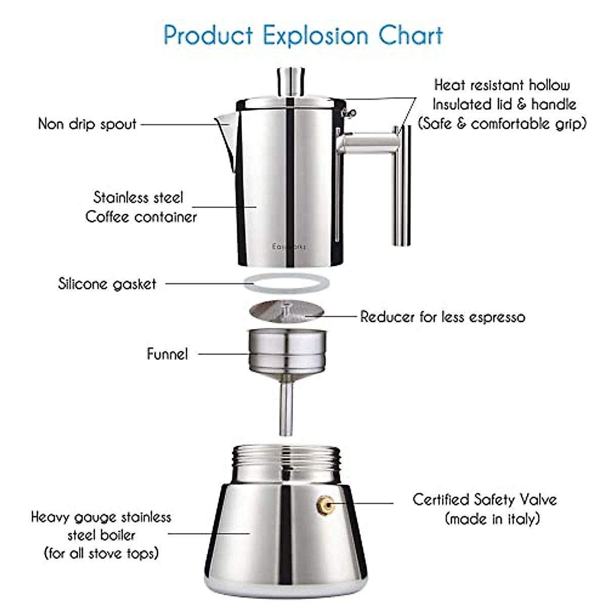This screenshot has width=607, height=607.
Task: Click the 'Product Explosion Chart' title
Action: (x=303, y=35)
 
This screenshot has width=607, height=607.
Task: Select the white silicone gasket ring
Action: (x=286, y=283)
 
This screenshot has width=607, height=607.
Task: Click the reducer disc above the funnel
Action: (x=286, y=311)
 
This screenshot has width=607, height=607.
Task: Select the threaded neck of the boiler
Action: (x=285, y=463)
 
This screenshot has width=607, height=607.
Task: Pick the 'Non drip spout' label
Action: (x=88, y=124)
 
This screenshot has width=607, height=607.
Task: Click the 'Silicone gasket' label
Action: (x=107, y=284)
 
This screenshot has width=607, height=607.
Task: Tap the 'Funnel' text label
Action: (x=167, y=354)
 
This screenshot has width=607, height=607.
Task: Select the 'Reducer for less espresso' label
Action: (x=443, y=317)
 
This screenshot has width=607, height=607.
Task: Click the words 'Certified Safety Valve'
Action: (x=485, y=500)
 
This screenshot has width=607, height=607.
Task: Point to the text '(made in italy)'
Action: (x=492, y=519)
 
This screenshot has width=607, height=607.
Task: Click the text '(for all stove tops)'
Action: (x=101, y=553)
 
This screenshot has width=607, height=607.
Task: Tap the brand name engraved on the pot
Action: (x=289, y=247)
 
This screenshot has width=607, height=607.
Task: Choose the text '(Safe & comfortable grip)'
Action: (x=502, y=123)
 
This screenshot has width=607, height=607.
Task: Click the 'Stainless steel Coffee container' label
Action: (x=140, y=207)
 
